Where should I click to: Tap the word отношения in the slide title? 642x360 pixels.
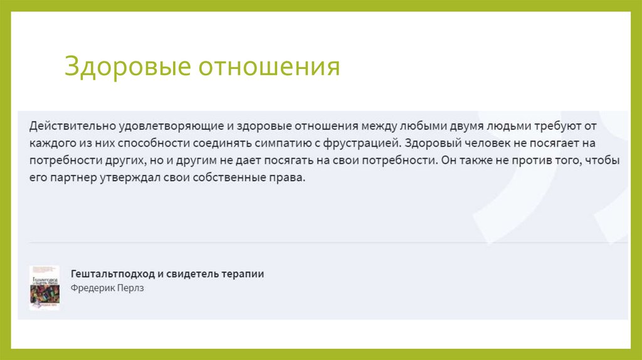click(270, 67)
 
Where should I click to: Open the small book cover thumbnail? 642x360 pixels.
click(45, 287)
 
